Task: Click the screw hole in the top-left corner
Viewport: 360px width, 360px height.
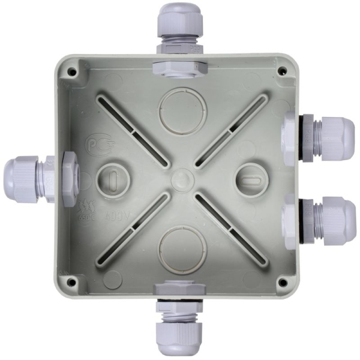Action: [x=73, y=71]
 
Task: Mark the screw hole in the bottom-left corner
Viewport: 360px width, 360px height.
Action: [x=71, y=280]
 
